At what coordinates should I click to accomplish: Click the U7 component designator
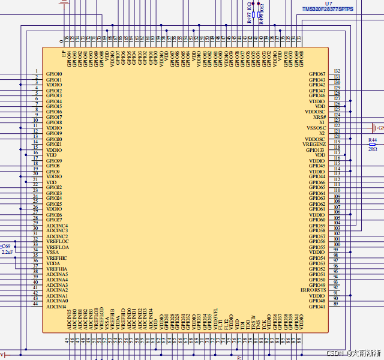click(x=328, y=4)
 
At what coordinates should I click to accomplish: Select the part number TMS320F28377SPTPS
click(x=328, y=10)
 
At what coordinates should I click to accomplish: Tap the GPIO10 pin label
click(x=54, y=74)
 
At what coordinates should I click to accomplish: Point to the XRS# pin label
click(x=319, y=117)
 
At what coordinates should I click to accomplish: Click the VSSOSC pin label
click(x=316, y=128)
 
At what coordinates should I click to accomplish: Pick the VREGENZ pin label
click(x=314, y=144)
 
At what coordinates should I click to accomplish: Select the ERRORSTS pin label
click(x=313, y=290)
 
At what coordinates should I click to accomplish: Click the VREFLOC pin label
click(x=57, y=242)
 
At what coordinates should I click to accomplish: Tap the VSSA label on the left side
click(x=52, y=253)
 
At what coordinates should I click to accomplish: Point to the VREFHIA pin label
click(x=57, y=269)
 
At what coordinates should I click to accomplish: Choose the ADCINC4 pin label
click(x=57, y=226)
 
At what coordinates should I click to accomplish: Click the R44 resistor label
click(x=373, y=139)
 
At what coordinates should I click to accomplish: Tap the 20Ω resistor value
click(x=373, y=149)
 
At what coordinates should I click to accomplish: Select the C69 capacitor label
click(x=5, y=247)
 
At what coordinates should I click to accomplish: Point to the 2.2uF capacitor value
click(x=7, y=253)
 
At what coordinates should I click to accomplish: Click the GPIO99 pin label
click(x=54, y=161)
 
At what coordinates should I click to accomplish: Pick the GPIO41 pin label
click(x=317, y=307)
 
